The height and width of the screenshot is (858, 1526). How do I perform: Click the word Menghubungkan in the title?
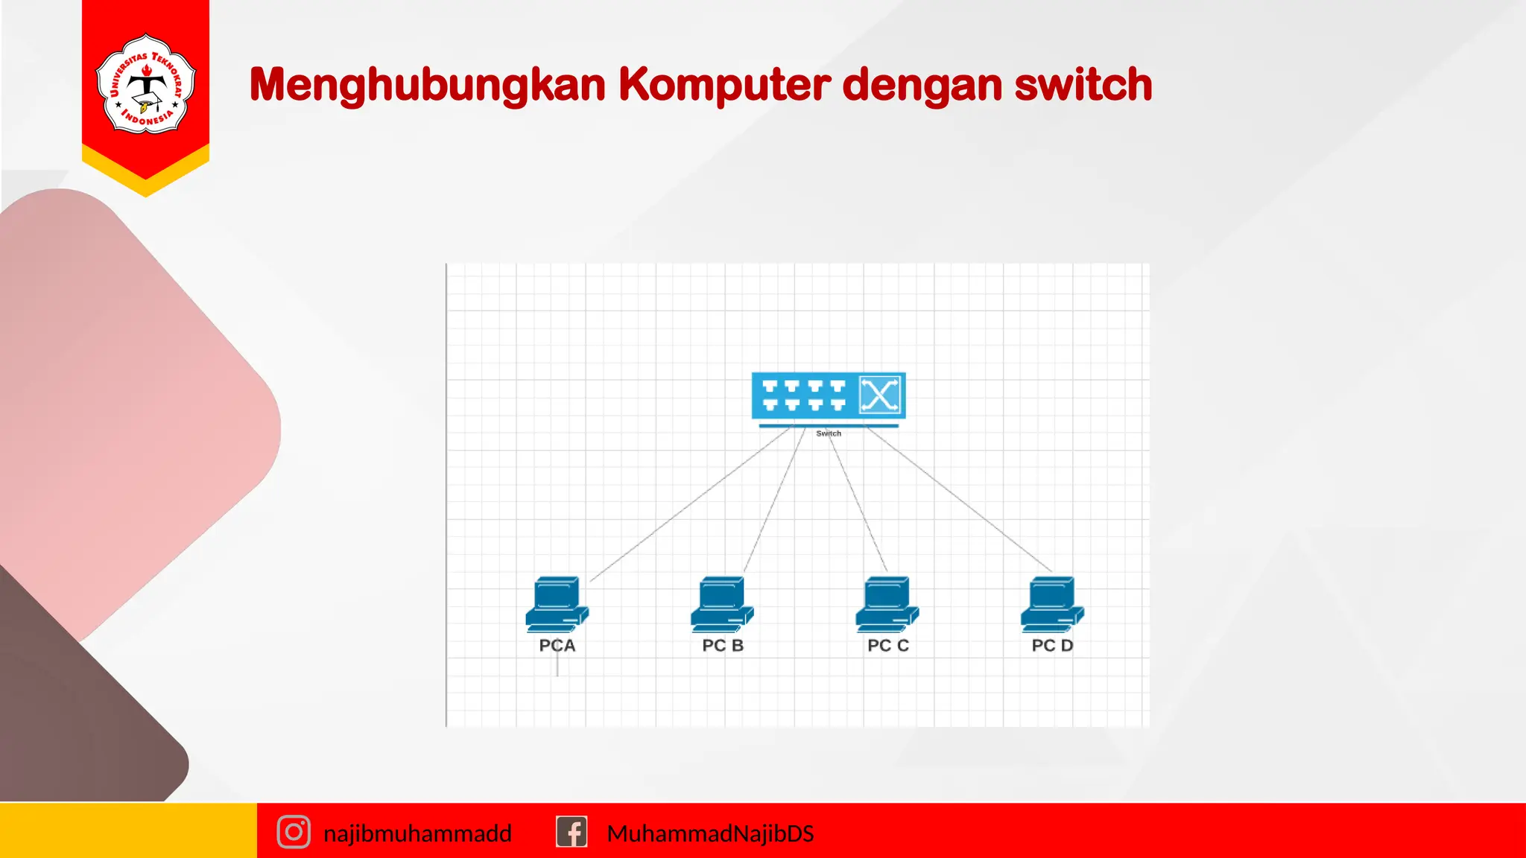point(427,85)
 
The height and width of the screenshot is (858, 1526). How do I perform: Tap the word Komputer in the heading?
point(724,85)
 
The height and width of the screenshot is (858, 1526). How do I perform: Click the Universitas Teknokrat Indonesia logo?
point(146,84)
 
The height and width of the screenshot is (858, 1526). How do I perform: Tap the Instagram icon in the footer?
point(294,832)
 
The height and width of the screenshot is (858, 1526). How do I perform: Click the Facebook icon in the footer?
point(572,832)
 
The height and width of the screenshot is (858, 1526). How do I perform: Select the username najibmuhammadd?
point(417,833)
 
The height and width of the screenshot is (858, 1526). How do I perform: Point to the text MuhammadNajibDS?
point(710,833)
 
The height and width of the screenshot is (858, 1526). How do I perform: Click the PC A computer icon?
point(557,604)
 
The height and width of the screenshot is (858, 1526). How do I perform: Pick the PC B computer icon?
point(722,604)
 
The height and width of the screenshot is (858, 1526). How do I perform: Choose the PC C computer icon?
point(887,604)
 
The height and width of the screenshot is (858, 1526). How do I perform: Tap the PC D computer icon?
point(1052,604)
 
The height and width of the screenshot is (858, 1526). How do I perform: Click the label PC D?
point(1052,646)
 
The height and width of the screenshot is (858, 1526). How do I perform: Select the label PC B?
point(723,646)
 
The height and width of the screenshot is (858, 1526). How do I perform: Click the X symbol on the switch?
point(880,395)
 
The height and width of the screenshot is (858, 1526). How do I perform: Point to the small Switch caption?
point(829,433)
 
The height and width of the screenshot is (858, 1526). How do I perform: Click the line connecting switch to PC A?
point(689,504)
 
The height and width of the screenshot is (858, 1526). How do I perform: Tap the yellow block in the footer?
point(128,830)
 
